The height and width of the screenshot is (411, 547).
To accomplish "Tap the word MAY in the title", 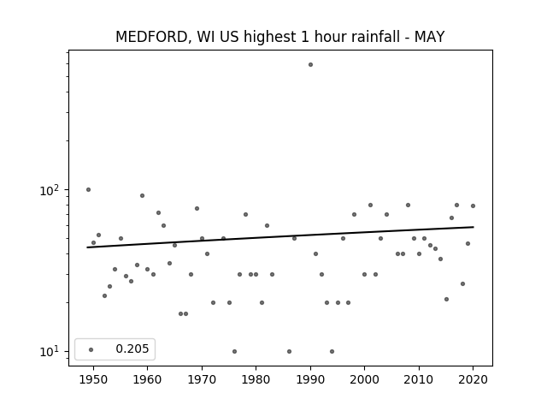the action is point(429,37).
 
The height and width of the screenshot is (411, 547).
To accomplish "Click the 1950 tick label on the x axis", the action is point(93,379).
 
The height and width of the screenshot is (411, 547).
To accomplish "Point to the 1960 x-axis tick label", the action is point(147,379).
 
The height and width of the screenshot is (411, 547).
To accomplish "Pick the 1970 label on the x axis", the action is point(202,379).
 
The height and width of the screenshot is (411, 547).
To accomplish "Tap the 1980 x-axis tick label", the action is point(256,379).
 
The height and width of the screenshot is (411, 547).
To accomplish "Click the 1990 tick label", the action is point(310,379).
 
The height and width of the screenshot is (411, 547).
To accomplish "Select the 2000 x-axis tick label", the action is point(364,379).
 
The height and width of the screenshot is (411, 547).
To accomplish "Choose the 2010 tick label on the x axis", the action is point(419,379).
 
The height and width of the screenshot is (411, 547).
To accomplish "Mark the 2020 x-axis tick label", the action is point(473,379).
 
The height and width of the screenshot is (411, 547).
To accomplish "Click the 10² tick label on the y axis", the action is point(50,190).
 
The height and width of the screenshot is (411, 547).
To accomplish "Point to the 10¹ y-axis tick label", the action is point(50,352).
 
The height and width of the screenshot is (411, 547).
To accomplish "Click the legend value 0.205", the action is point(132,348).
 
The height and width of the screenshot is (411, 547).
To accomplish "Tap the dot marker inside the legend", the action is point(91,349).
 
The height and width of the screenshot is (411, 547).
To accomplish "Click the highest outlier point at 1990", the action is point(310,65).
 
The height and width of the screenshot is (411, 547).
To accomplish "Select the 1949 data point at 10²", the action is point(88,190).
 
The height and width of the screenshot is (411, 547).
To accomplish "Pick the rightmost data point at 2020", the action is point(473,205).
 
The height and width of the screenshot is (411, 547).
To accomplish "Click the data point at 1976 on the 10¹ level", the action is point(234,351).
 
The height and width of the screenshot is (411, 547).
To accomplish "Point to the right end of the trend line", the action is point(473,227).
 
